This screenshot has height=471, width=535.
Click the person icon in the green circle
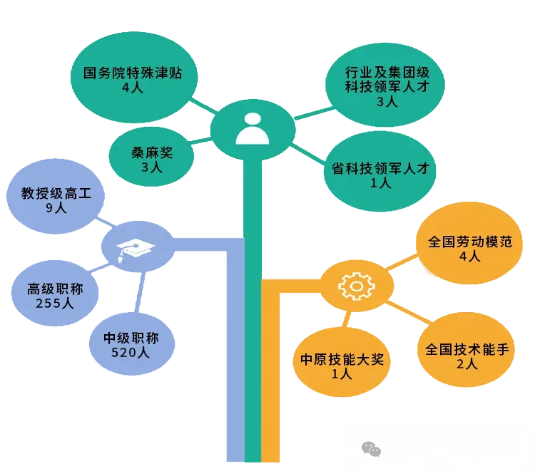coord(252,128)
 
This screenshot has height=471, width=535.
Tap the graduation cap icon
coord(136,248)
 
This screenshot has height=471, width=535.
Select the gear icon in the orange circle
coord(355,286)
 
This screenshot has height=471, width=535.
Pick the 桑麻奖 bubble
coord(152,158)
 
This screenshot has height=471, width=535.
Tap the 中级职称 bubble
coord(131,344)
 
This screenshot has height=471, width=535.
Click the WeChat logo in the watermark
coord(371,449)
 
